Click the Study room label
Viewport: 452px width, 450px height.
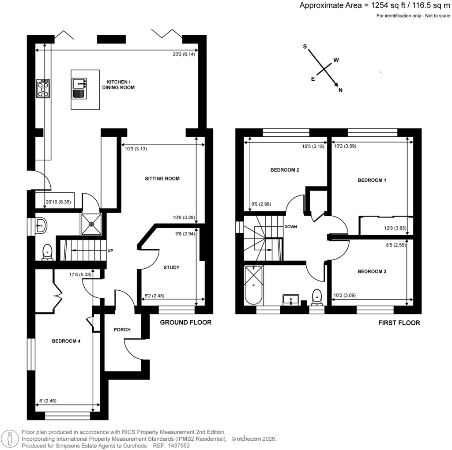(171, 267)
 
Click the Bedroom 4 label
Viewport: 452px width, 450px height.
(66, 341)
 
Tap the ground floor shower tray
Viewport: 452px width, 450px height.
(91, 224)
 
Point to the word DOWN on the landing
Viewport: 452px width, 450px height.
(290, 227)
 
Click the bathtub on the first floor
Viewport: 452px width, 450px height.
(253, 285)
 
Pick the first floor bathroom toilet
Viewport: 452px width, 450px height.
(316, 298)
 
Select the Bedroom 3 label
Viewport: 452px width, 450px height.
(372, 272)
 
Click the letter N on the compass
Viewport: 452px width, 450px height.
(340, 90)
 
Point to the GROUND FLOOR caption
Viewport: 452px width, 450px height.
(185, 322)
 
